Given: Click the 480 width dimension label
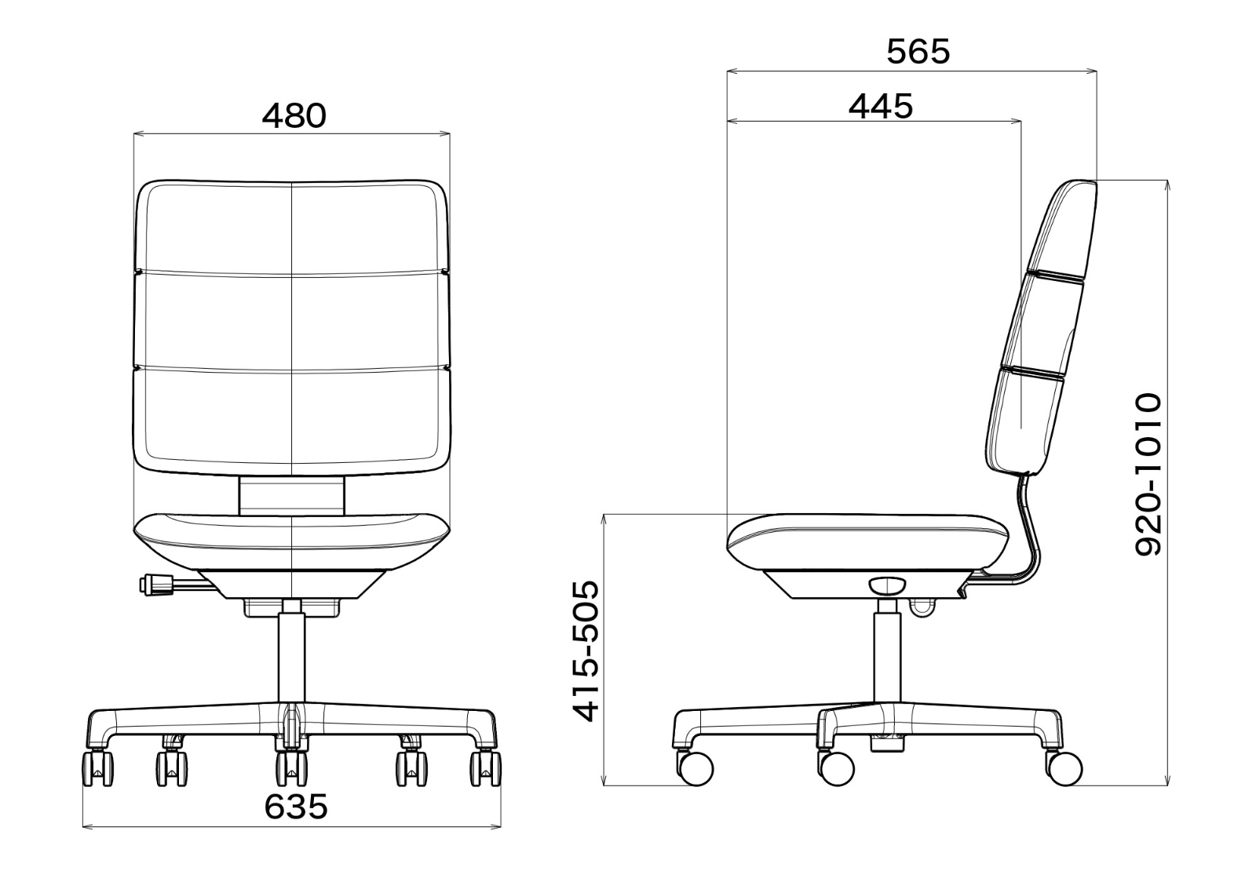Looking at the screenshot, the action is point(294,116).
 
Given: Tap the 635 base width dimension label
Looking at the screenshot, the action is point(295,807).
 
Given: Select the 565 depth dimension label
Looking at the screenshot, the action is point(918,52).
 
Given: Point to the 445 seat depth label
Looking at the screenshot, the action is point(881,106).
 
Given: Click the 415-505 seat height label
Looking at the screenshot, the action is point(585,651).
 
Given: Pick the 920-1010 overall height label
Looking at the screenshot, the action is point(1148,475).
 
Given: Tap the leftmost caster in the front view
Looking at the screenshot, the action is point(97,768).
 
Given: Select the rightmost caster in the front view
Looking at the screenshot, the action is point(486,768).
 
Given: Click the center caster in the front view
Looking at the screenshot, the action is point(291,768).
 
